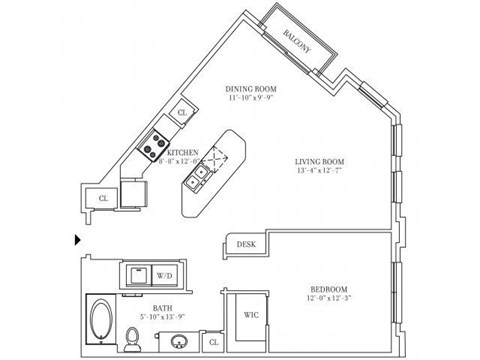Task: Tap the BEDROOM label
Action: tap(331, 285)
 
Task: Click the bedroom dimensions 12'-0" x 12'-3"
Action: tap(331, 295)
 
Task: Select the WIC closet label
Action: tap(251, 315)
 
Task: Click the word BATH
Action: tap(161, 309)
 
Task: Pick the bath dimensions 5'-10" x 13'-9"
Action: tap(161, 319)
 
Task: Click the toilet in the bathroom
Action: tap(134, 343)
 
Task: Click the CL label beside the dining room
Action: tap(182, 113)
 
